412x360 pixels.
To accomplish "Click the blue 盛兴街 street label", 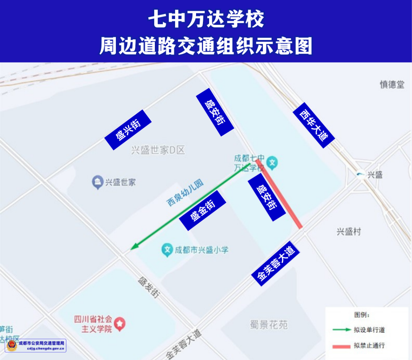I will click(x=128, y=130).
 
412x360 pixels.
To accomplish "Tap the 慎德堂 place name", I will click(x=392, y=85).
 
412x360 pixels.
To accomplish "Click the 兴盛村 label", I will click(x=348, y=231).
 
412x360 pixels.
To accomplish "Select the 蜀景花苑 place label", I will click(x=269, y=325).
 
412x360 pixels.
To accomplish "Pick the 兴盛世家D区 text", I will click(x=158, y=150).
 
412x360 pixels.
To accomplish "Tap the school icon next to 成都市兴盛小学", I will click(x=167, y=250).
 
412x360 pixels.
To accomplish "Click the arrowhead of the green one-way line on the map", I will click(x=133, y=248).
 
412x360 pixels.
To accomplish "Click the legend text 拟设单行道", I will click(x=369, y=330).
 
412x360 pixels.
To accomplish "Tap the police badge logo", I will click(x=12, y=346).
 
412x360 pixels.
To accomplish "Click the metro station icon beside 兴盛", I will click(x=359, y=175).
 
